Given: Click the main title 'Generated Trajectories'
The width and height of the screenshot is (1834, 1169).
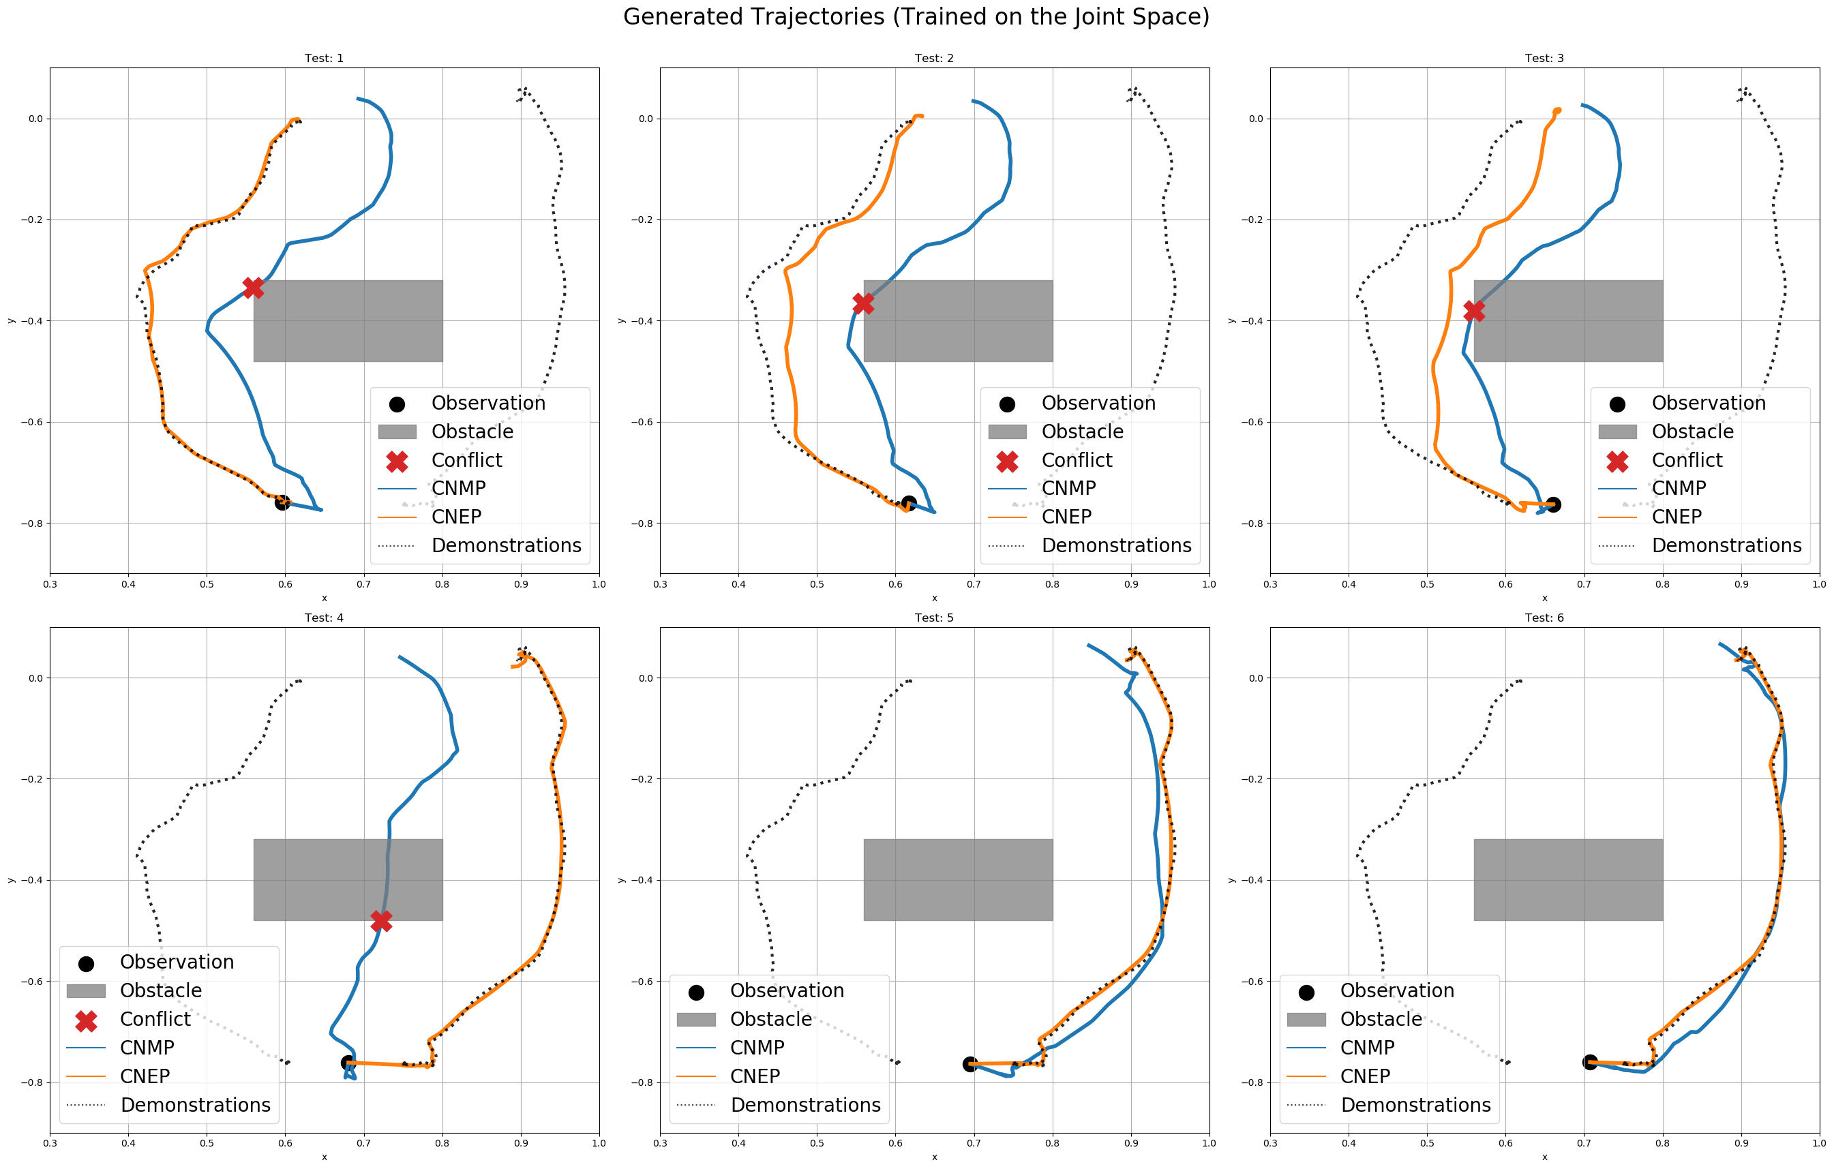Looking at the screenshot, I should point(916,17).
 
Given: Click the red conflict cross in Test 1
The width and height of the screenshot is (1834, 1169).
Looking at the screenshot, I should point(253,288).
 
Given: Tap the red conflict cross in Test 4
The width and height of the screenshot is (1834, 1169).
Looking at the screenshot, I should point(381,921).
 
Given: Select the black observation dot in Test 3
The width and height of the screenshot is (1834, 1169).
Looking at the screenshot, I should point(1553,504).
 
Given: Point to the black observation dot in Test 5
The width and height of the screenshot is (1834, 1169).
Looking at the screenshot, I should point(969,1064).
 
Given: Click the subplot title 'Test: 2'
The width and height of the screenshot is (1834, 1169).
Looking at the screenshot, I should point(934,58).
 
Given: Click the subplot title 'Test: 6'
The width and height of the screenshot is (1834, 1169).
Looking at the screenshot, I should point(1544,618).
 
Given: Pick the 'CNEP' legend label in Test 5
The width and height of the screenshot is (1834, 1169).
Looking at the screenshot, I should point(755,1076).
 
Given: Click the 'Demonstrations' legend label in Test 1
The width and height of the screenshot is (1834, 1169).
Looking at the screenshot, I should point(506,545).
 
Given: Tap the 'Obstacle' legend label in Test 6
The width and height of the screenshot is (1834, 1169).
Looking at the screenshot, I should point(1381,1019).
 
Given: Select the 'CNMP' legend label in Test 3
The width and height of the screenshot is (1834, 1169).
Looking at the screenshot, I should point(1679,488).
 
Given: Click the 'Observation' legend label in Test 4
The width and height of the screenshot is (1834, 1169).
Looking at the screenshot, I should point(177,962).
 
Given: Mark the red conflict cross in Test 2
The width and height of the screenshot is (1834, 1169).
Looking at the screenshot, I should point(863,303).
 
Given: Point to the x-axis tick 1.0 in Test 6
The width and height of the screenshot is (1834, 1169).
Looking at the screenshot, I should point(1819,1143).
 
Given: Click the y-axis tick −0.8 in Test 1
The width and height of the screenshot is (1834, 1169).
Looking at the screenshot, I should point(34,523).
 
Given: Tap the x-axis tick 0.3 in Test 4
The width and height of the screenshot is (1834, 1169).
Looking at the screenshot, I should point(50,1143).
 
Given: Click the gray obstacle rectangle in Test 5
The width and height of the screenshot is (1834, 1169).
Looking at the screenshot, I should point(957,879).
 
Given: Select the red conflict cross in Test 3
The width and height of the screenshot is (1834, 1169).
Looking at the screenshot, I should point(1474,311).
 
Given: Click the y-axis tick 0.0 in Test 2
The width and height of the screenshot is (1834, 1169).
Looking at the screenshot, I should point(645,119).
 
